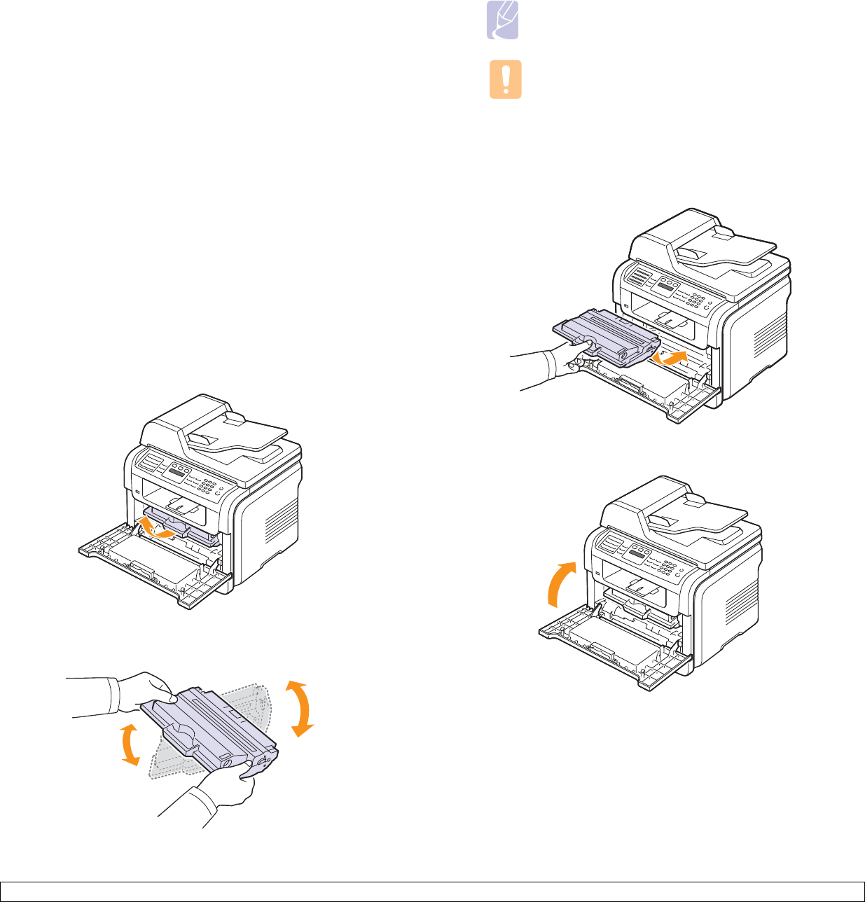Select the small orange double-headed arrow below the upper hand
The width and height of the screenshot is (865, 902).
coord(127,744)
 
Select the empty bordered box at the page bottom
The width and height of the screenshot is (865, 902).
coord(432,891)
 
